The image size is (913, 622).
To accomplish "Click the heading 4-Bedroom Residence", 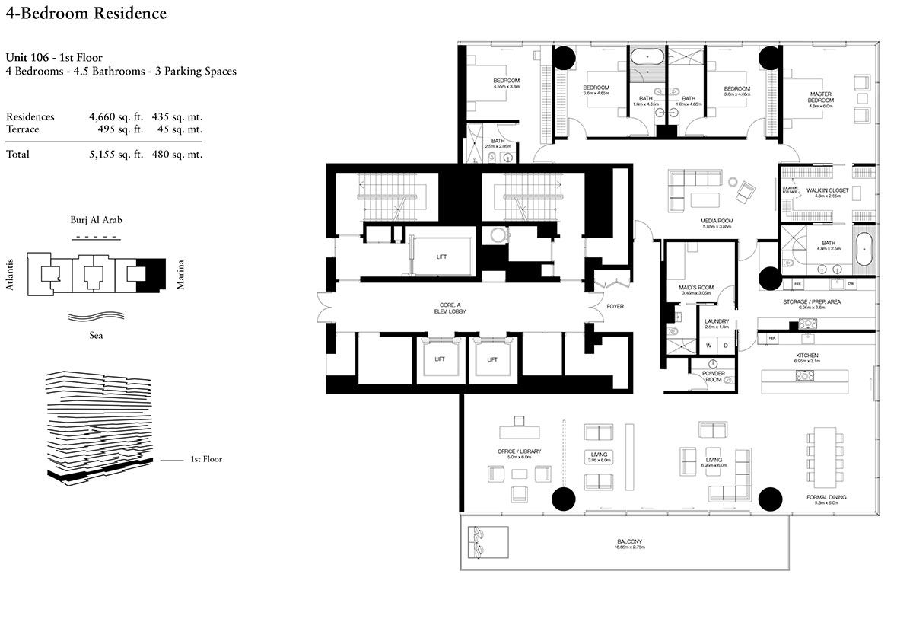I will click(x=86, y=14).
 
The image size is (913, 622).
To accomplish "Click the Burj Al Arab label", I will click(x=96, y=220).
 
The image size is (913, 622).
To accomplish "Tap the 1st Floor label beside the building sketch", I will click(x=206, y=459).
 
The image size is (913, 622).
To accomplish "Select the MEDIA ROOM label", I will click(x=716, y=221).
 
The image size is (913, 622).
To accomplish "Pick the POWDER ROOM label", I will click(x=713, y=376).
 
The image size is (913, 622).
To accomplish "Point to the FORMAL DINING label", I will click(x=826, y=497).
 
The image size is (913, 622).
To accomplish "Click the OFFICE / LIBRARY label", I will click(x=520, y=451).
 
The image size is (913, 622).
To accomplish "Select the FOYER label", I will click(x=615, y=308).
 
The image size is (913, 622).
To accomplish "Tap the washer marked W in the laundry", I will click(x=708, y=345).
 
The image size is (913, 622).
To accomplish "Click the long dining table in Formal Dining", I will click(x=826, y=457).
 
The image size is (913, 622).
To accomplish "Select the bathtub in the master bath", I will click(x=866, y=254).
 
